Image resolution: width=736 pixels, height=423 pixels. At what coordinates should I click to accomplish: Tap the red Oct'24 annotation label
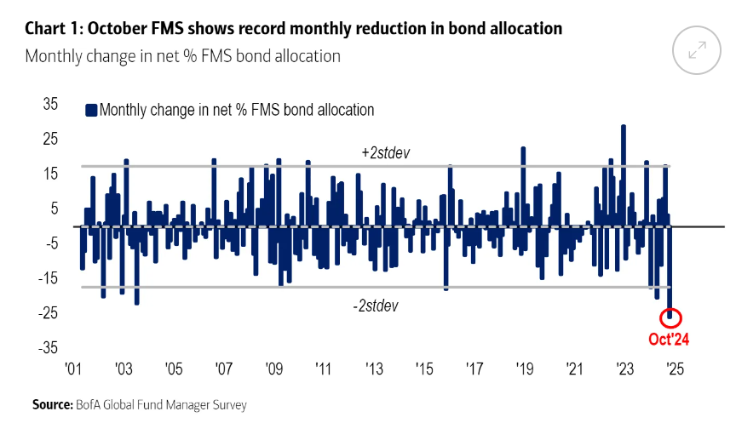(x=669, y=339)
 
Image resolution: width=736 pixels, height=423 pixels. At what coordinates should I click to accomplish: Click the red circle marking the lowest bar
(x=670, y=317)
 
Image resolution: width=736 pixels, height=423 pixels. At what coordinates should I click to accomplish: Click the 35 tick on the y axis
(x=50, y=103)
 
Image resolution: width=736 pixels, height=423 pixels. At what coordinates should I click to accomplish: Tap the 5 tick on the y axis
(x=54, y=208)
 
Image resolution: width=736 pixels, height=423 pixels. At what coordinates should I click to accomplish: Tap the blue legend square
(x=90, y=110)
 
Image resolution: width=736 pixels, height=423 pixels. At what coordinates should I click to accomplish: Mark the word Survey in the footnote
(x=228, y=404)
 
